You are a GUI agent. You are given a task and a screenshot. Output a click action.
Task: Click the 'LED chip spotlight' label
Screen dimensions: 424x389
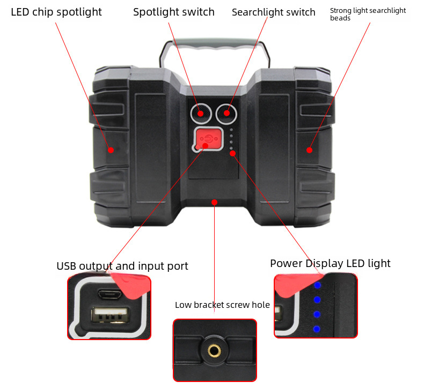[56, 12]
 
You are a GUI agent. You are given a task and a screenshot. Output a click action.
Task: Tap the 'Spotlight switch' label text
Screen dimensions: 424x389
[173, 12]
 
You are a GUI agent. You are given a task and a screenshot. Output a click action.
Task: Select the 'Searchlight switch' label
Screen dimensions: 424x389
[273, 12]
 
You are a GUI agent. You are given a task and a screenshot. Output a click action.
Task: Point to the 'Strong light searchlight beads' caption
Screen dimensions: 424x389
[368, 14]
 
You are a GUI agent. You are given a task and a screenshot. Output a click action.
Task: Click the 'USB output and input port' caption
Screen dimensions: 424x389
[122, 266]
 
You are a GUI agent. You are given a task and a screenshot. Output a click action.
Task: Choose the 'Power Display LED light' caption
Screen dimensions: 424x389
[330, 263]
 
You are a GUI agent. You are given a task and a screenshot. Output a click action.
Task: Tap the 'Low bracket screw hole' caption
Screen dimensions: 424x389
[222, 305]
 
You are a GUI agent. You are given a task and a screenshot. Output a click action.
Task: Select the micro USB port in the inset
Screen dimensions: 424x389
[109, 293]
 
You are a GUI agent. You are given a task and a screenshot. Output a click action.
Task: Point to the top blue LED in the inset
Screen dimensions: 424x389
[317, 285]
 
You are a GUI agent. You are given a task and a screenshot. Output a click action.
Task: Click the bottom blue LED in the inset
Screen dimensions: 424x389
[317, 329]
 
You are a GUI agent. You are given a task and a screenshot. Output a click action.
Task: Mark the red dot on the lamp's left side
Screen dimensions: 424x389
[111, 150]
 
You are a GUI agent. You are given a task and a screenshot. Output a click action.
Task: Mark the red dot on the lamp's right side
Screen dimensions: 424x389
[309, 150]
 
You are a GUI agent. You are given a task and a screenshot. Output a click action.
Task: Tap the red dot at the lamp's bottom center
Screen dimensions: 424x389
[214, 202]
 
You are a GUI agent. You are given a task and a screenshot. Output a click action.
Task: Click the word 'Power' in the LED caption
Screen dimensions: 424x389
[287, 263]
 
